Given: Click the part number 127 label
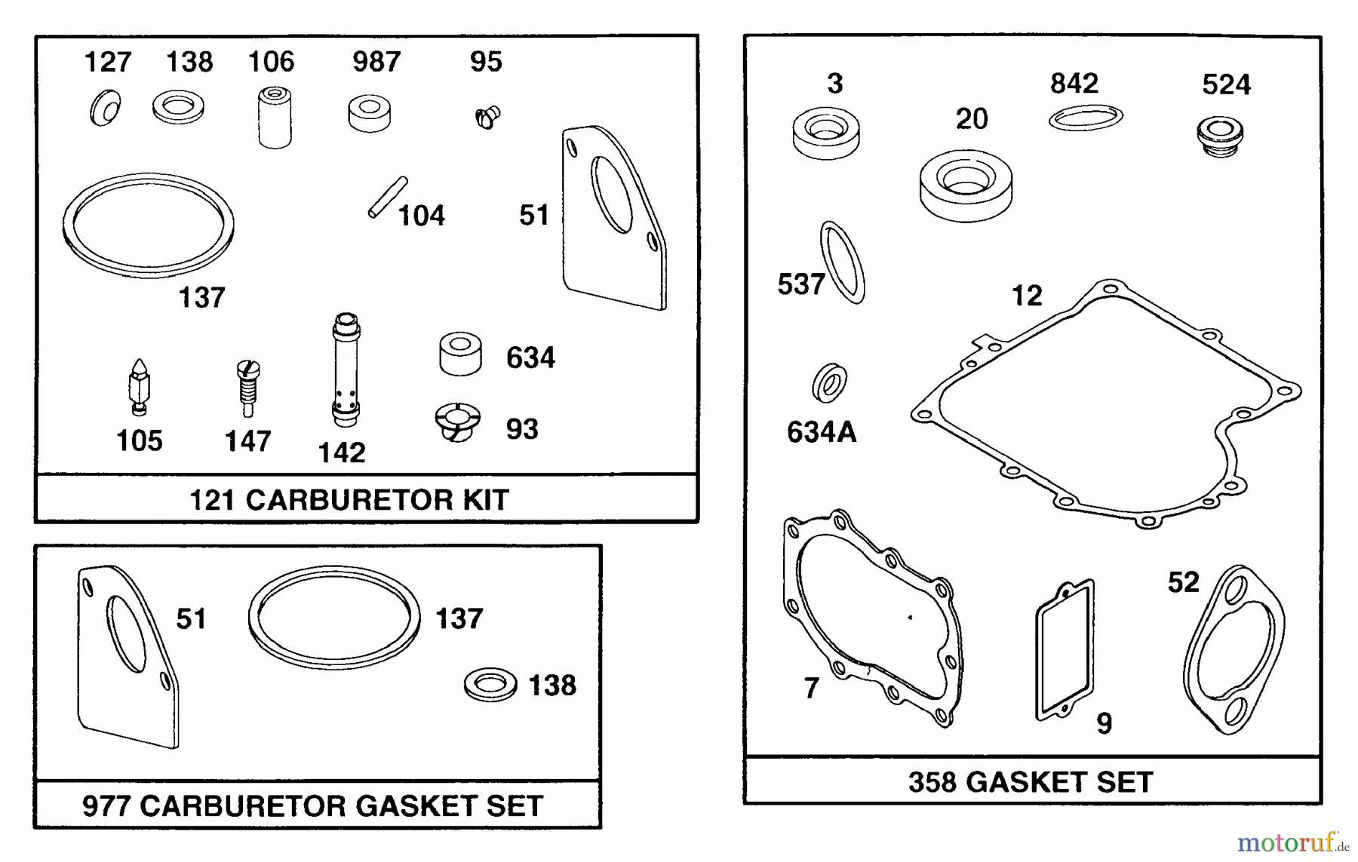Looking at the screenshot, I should (x=107, y=62).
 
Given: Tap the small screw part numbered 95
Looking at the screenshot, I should (x=487, y=117).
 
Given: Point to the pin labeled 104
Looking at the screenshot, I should (x=388, y=198).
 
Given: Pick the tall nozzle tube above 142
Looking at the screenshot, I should (x=346, y=371).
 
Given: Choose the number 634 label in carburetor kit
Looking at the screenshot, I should (x=530, y=357).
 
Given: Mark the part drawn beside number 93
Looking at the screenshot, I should (x=458, y=422).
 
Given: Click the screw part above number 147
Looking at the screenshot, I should (x=247, y=387).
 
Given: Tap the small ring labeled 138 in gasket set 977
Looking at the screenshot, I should (x=490, y=685).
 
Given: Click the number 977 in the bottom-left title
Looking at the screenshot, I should (x=107, y=805).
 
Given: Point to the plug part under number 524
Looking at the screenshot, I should (x=1220, y=137).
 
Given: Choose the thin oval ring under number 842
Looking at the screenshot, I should (x=1086, y=118).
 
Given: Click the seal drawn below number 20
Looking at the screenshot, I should (x=966, y=186).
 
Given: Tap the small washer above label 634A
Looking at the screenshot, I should (x=829, y=383).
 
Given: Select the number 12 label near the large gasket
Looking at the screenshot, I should (x=1026, y=296).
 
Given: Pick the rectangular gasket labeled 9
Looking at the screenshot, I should (x=1065, y=651).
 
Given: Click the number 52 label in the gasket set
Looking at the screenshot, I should (x=1183, y=582).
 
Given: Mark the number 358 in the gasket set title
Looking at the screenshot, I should (x=932, y=782).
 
